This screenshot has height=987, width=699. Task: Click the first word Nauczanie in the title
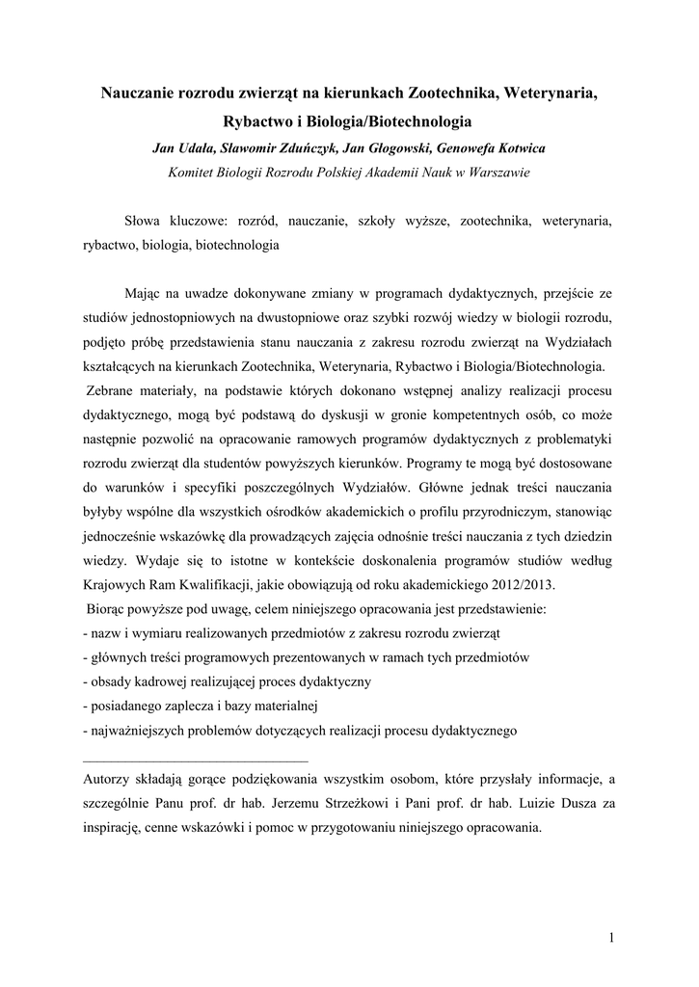click(141, 93)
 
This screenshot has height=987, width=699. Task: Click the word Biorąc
click(107, 610)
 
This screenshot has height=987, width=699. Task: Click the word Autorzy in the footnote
click(109, 779)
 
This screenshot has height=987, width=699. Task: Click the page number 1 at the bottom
click(612, 937)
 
